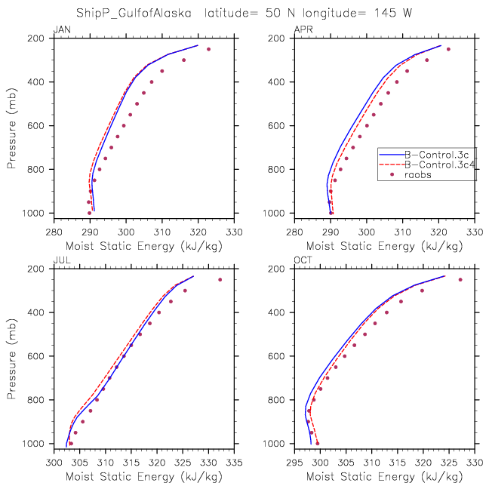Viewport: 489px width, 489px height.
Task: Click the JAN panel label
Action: (x=60, y=30)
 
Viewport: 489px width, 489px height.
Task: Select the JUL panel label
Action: (x=60, y=261)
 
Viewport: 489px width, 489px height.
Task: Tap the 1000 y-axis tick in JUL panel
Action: (x=39, y=444)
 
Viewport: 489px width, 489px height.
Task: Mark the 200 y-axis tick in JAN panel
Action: (x=42, y=38)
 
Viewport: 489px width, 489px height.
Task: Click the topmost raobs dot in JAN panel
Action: (x=209, y=49)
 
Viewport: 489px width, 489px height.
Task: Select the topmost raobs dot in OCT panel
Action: (x=460, y=280)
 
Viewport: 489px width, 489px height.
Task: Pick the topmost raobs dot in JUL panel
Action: (x=220, y=280)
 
